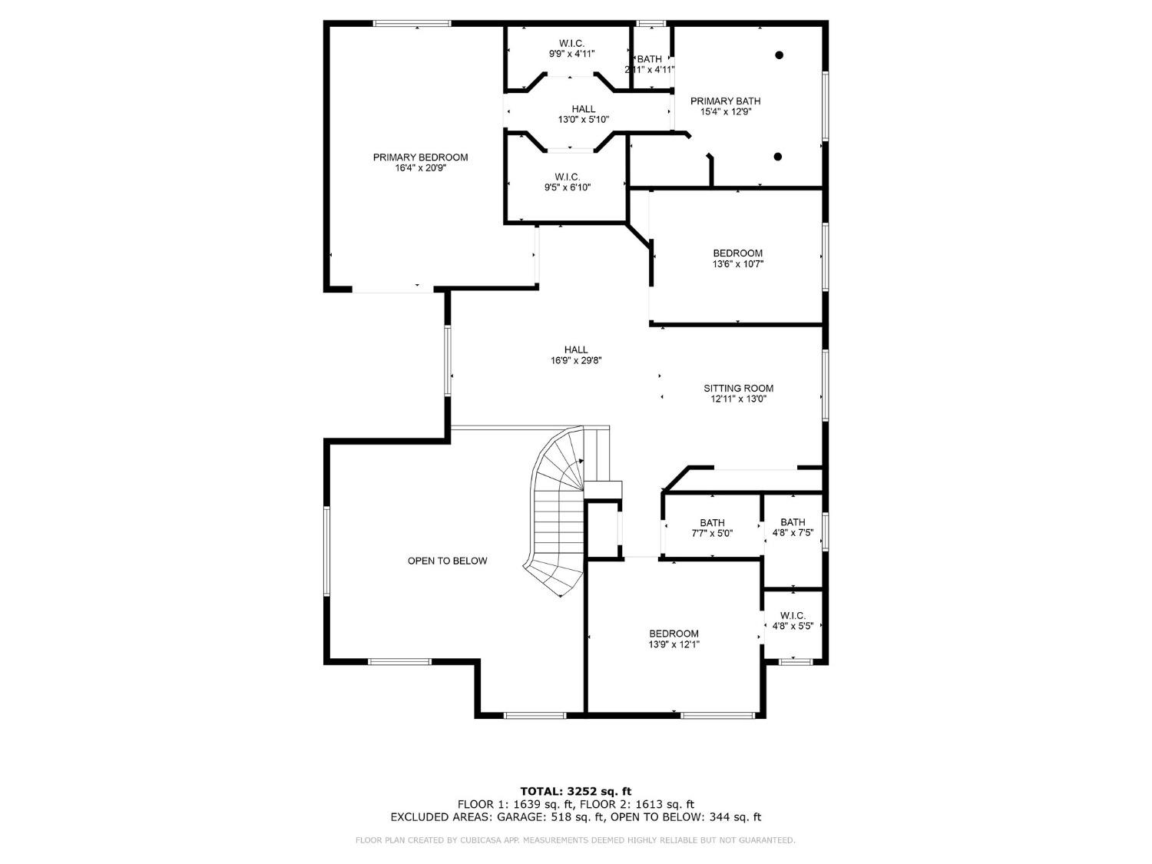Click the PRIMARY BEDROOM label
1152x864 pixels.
pos(420,157)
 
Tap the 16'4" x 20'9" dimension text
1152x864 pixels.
pos(420,168)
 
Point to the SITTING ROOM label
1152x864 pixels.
pos(738,389)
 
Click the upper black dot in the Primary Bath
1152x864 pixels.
pos(779,55)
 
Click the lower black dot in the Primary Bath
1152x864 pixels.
pos(777,157)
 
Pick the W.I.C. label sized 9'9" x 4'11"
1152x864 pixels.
pos(571,43)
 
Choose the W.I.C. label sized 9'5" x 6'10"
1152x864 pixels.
pos(568,177)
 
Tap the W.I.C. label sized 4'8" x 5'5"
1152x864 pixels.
pos(793,615)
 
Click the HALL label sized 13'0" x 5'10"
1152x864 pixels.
pos(583,109)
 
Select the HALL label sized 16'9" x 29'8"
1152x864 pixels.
pos(575,349)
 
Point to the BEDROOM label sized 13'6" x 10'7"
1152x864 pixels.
pos(737,253)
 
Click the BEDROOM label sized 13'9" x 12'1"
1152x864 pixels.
pos(674,634)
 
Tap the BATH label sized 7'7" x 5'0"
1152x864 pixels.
pos(712,523)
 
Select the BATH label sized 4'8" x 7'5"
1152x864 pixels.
pos(793,522)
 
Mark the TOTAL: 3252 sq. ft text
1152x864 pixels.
pos(575,790)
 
